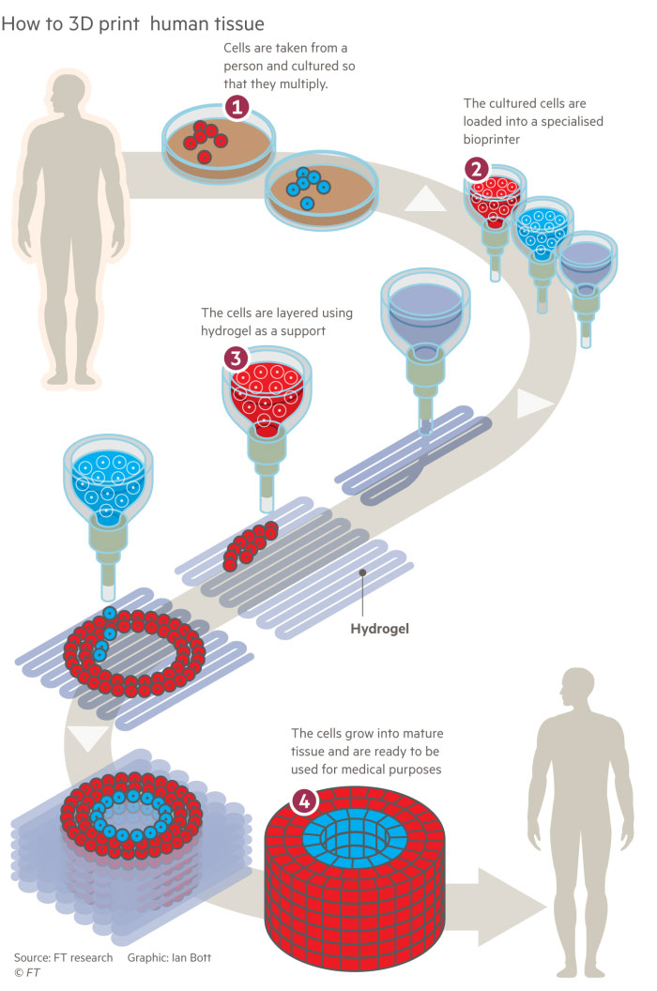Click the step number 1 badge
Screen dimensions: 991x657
[x=237, y=109]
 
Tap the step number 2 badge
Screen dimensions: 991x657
[x=477, y=169]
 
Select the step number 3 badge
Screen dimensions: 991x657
[x=237, y=358]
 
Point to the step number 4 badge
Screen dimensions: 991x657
[x=303, y=800]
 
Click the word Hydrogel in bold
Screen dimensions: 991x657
[x=380, y=628]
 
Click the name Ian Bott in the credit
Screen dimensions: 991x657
[x=192, y=958]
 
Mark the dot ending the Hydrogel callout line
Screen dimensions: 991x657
[x=362, y=571]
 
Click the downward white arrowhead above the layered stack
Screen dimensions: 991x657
[x=90, y=739]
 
